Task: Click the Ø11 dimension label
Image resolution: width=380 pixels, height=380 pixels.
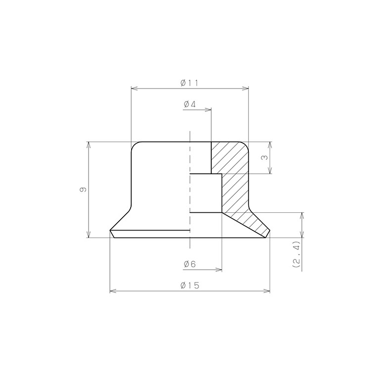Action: [190, 83]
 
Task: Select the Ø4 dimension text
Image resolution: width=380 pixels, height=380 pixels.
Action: [190, 104]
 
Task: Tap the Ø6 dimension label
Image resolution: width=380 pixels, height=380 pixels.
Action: [190, 264]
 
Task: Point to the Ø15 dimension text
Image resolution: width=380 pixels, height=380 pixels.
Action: [190, 285]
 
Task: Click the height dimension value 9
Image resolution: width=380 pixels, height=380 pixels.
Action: [83, 190]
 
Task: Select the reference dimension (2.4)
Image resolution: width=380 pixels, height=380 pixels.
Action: [296, 254]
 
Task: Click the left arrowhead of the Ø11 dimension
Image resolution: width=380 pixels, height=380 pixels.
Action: [134, 89]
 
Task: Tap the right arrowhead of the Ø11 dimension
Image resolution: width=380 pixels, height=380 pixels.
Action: [245, 89]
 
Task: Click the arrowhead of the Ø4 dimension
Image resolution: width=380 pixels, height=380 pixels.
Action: [208, 110]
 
